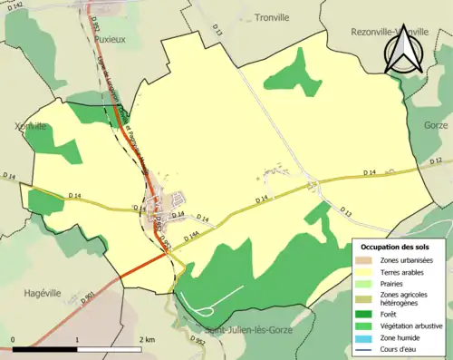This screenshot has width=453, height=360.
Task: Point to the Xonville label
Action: coord(30,126)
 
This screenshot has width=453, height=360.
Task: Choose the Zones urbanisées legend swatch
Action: coord(366,261)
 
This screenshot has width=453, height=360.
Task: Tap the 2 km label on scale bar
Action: coord(148,340)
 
